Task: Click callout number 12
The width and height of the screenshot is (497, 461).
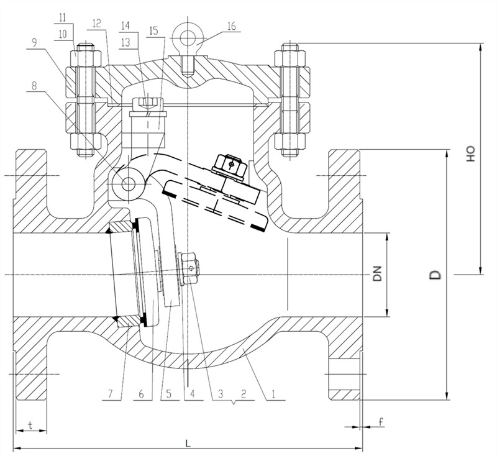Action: click(x=96, y=24)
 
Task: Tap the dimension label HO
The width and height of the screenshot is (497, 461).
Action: click(x=471, y=154)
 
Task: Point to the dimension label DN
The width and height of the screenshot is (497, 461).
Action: click(x=376, y=274)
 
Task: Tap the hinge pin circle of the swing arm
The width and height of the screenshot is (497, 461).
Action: click(x=128, y=183)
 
